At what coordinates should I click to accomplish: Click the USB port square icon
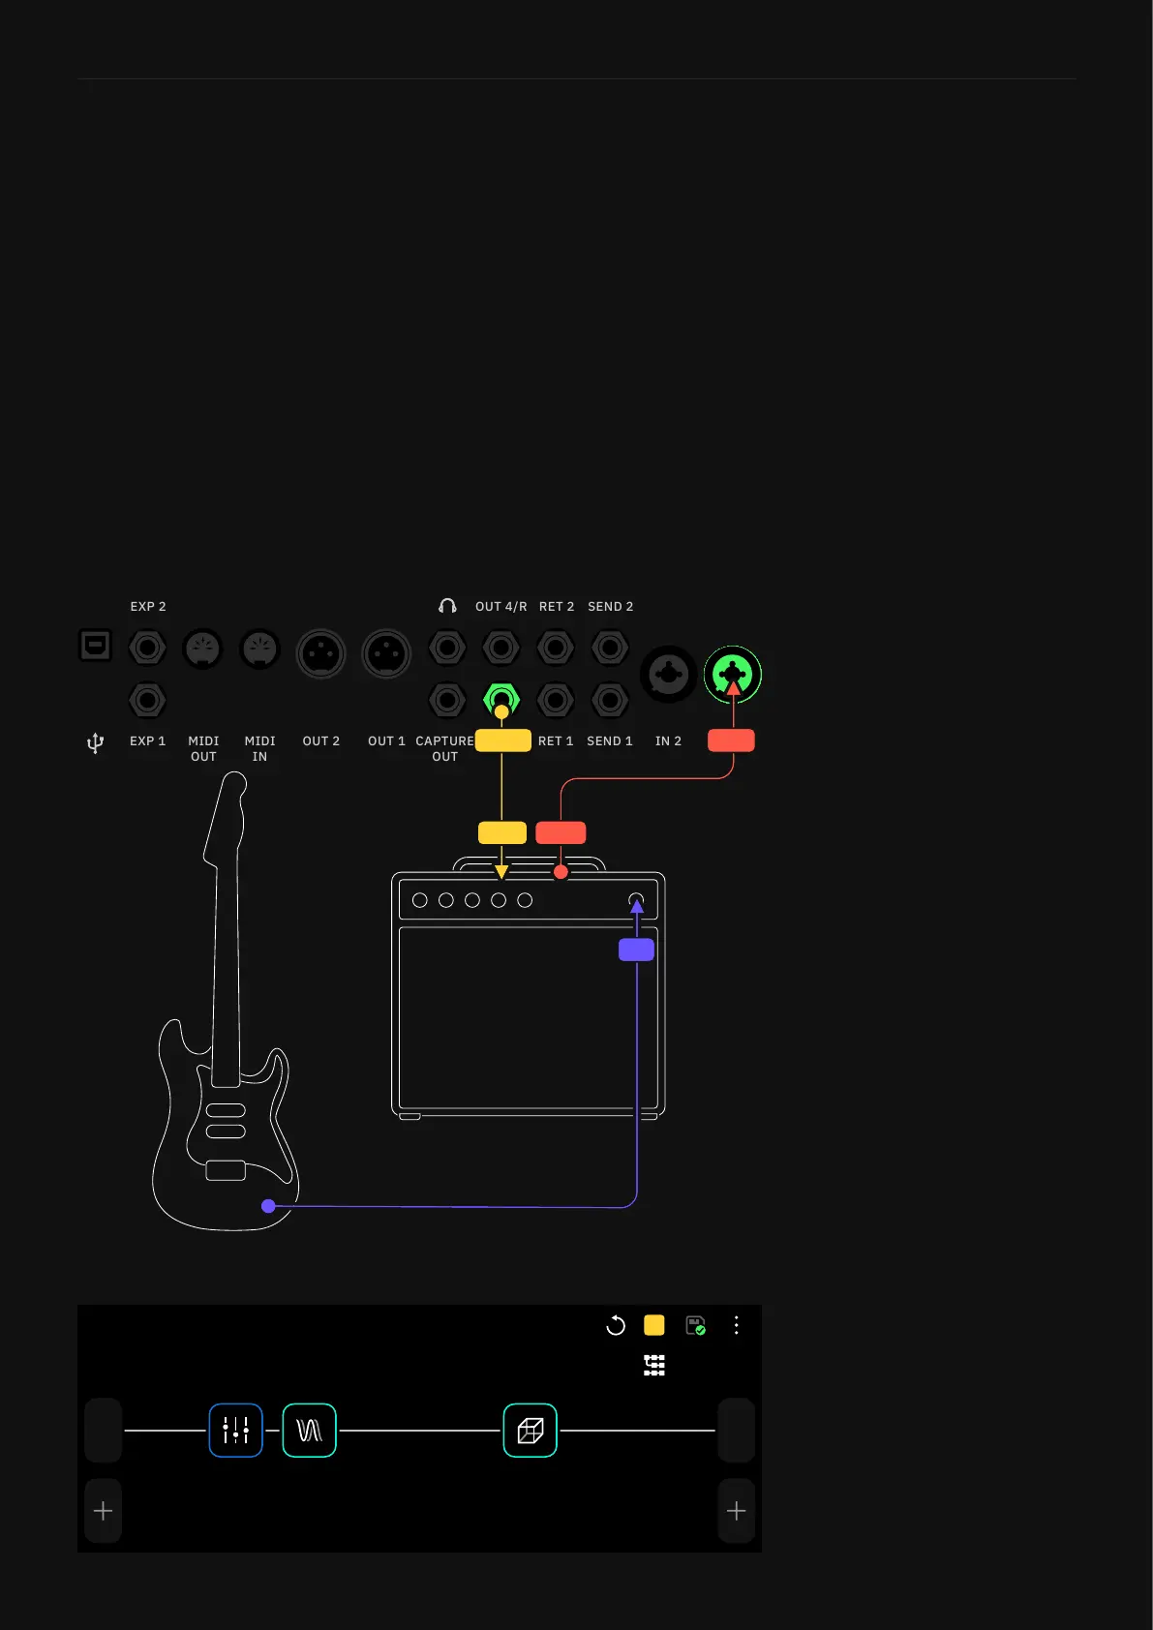pyautogui.click(x=95, y=646)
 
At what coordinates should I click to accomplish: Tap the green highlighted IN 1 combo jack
pyautogui.click(x=733, y=674)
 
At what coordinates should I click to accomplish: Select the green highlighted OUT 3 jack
pyautogui.click(x=501, y=698)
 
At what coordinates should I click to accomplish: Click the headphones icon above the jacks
pyautogui.click(x=447, y=606)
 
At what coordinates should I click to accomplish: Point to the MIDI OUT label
pyautogui.click(x=203, y=748)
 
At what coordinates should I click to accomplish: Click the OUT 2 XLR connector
pyautogui.click(x=320, y=654)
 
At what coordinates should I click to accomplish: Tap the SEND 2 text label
pyautogui.click(x=610, y=607)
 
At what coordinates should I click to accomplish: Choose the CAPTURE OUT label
pyautogui.click(x=444, y=748)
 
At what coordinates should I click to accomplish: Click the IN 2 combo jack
pyautogui.click(x=668, y=674)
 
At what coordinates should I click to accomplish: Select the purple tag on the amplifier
pyautogui.click(x=636, y=950)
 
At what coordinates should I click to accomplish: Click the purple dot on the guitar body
pyautogui.click(x=269, y=1206)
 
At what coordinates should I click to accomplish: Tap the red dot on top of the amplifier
pyautogui.click(x=561, y=872)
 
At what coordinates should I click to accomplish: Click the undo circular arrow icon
pyautogui.click(x=616, y=1325)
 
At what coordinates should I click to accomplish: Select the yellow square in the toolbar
pyautogui.click(x=654, y=1325)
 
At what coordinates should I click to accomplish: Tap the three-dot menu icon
pyautogui.click(x=737, y=1325)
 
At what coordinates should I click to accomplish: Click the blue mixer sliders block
pyautogui.click(x=236, y=1430)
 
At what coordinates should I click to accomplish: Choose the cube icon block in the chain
pyautogui.click(x=531, y=1430)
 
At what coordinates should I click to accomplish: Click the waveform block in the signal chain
pyautogui.click(x=310, y=1430)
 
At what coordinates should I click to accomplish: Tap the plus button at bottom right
pyautogui.click(x=736, y=1511)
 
